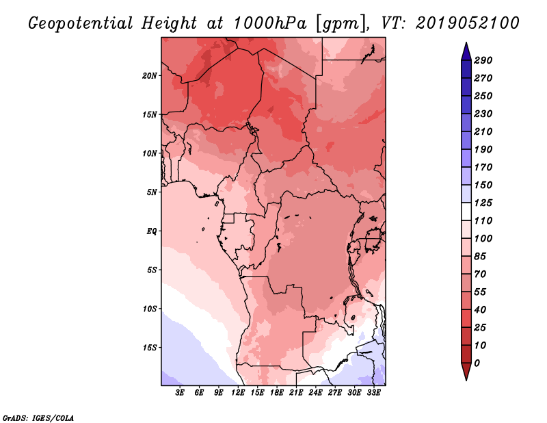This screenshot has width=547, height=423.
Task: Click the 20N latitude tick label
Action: coord(150,76)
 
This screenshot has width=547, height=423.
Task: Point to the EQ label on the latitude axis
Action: coord(152,231)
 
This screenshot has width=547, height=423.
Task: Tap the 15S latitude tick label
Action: coord(150,348)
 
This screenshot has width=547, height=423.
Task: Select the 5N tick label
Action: coord(152,192)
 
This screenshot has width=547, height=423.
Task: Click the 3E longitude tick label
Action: coord(180,393)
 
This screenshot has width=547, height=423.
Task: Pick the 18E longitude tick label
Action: coord(277,393)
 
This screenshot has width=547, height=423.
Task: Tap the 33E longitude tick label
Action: coord(373,393)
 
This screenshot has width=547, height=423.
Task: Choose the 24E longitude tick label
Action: coord(315,393)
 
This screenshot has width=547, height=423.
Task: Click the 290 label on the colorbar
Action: coord(483,60)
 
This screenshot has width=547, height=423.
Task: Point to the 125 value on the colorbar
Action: coord(483,203)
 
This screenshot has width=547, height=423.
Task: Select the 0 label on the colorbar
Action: coord(477,363)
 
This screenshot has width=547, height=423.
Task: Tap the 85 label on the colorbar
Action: coord(481,257)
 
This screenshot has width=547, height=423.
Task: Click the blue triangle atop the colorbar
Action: coord(466,52)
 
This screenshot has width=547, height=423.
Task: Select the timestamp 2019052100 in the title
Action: coord(467,23)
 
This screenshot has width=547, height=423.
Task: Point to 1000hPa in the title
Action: coord(269,23)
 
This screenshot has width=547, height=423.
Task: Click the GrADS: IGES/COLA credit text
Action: coord(38,418)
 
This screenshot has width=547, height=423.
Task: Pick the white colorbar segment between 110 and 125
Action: coord(466,211)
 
